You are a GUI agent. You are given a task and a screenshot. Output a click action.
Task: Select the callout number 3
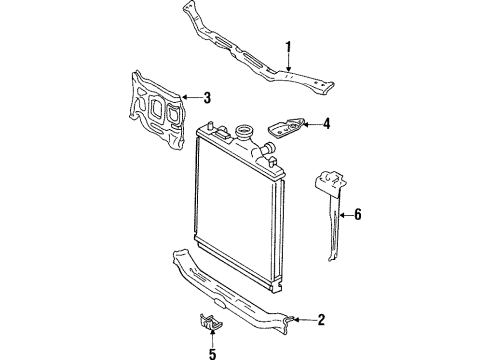(207, 97)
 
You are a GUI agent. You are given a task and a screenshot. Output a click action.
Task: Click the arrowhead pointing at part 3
(187, 97)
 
